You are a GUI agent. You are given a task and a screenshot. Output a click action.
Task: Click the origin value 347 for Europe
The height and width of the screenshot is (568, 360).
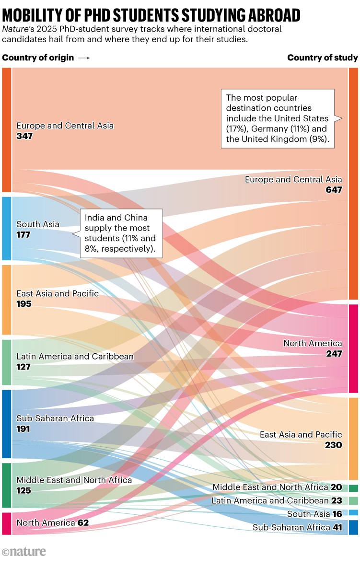(24, 136)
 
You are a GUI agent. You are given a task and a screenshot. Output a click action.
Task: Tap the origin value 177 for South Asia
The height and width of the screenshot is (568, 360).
(24, 234)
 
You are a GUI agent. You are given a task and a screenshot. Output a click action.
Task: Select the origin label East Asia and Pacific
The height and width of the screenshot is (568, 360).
(58, 293)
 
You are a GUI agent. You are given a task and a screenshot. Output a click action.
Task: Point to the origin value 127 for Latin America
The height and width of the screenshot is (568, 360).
(24, 367)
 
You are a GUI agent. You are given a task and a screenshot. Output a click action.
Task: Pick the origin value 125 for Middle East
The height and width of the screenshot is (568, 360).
(24, 490)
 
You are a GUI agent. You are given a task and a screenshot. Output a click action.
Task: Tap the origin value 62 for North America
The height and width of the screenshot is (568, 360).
(83, 522)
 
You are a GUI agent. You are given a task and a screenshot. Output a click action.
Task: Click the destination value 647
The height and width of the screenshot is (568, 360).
(334, 190)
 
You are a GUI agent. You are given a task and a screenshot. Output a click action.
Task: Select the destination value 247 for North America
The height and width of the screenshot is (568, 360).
(334, 354)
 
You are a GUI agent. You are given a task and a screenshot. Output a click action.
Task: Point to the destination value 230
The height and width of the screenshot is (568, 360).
(333, 445)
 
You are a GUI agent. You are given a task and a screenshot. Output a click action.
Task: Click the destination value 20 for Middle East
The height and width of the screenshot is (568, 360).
(337, 487)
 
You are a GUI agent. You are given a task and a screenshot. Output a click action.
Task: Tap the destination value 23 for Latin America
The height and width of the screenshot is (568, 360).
(337, 500)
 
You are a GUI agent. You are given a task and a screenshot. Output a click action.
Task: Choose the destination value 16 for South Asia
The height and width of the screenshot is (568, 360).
(337, 514)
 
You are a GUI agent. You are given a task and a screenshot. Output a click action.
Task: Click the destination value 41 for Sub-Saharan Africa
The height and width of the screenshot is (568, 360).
(337, 527)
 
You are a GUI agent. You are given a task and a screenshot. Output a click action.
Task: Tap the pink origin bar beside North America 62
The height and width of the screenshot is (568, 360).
(6, 523)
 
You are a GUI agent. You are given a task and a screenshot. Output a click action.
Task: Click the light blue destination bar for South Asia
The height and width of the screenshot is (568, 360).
(353, 512)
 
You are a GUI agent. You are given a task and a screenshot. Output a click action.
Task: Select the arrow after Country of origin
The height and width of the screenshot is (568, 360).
(84, 58)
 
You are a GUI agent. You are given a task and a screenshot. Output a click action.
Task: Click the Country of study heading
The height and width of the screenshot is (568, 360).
(322, 58)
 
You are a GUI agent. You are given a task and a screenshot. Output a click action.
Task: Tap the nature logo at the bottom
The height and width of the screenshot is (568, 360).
(24, 552)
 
